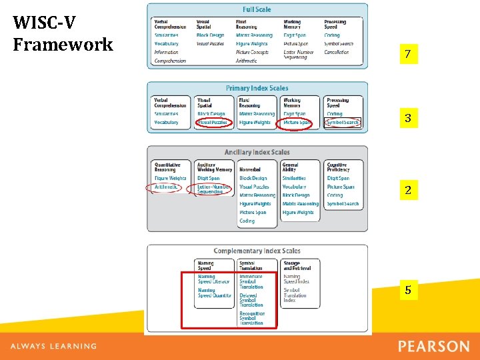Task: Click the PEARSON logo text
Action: point(433,347)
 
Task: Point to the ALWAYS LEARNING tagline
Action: point(53,347)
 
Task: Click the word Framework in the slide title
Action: point(63,45)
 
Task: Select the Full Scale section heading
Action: point(257,9)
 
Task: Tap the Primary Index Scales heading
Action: point(257,88)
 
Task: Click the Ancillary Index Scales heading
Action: point(257,152)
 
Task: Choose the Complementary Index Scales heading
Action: point(257,251)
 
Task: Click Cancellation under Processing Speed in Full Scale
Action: point(336,52)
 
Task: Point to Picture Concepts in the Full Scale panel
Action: point(252,52)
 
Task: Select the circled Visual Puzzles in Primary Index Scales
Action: point(212,123)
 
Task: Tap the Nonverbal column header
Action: point(250,169)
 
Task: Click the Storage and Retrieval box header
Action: point(295,266)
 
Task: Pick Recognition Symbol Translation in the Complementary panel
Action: point(252,318)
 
